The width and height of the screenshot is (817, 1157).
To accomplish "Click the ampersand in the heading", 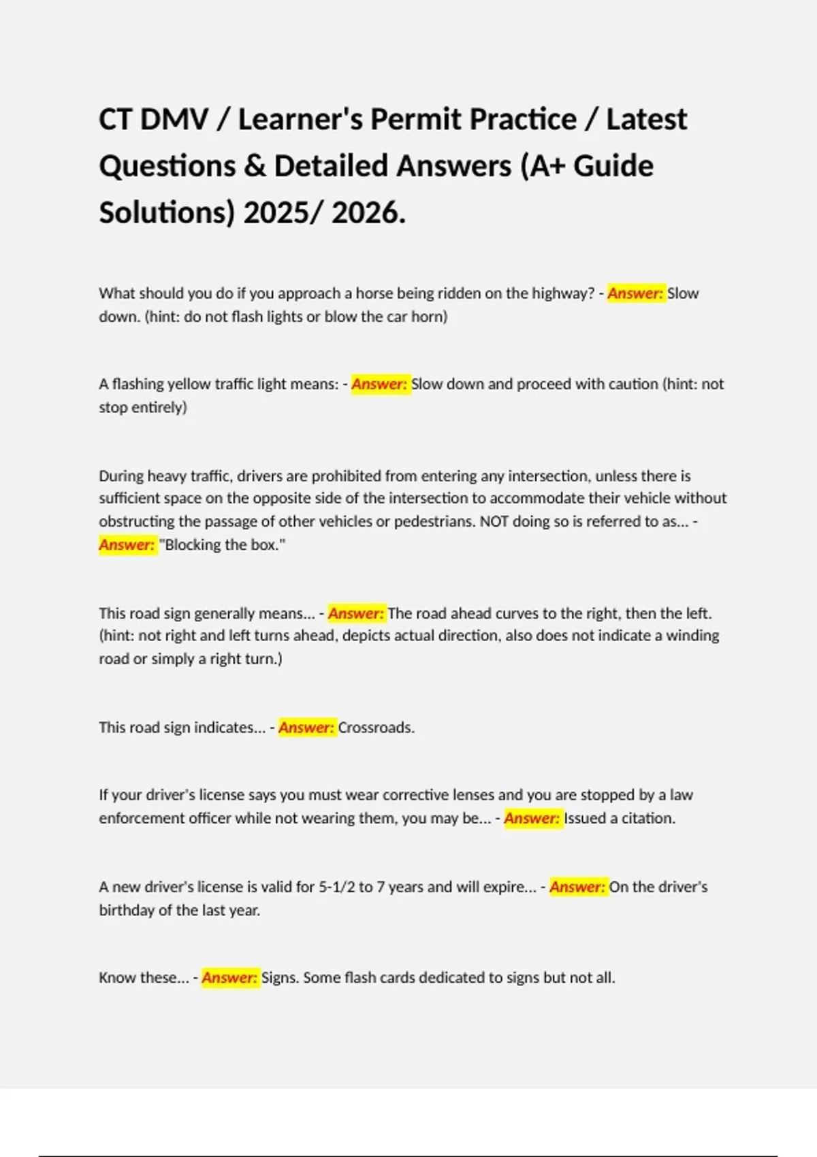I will (255, 166).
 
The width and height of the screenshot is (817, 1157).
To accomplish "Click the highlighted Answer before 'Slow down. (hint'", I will (635, 293).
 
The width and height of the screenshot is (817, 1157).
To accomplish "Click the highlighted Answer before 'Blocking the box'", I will (127, 544).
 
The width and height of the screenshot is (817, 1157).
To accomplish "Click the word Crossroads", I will (376, 728).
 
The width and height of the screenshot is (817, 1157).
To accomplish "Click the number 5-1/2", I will (336, 887).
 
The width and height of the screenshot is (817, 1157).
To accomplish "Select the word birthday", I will (127, 910).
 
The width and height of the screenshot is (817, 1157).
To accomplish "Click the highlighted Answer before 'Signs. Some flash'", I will (230, 978).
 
